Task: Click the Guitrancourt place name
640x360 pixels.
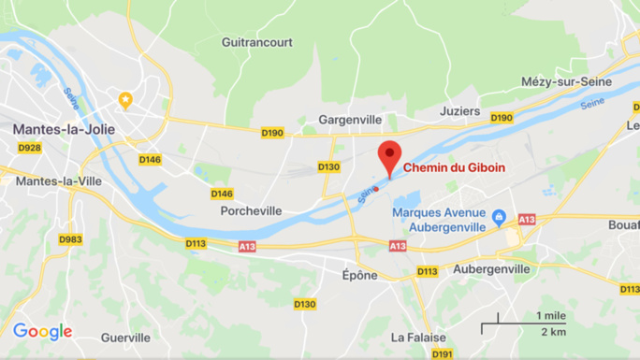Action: tap(257, 42)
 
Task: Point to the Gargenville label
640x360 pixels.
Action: tap(351, 120)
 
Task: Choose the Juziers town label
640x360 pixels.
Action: tap(459, 111)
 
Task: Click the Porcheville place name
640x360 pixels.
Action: tap(251, 210)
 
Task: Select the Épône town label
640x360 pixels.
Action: tap(360, 275)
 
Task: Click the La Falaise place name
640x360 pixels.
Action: tap(412, 337)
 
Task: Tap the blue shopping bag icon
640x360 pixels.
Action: tap(499, 218)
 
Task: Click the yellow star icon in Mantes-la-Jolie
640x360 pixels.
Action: tap(125, 99)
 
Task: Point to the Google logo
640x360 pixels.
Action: tap(42, 331)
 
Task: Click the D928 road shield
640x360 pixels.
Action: tap(30, 148)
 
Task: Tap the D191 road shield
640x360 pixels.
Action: tap(442, 353)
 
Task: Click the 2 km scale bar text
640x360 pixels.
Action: tap(553, 332)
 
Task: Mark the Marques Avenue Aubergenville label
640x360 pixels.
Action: tap(439, 219)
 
